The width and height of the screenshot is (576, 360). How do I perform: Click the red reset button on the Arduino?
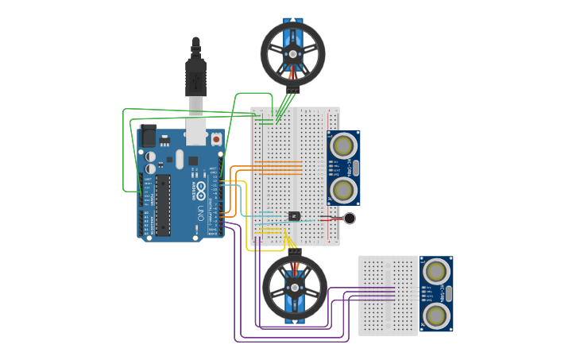[215, 138]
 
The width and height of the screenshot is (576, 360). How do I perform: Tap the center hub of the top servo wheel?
[292, 53]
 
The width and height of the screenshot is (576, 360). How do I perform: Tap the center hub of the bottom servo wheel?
[295, 288]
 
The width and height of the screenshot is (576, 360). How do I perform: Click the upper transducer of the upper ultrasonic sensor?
[344, 146]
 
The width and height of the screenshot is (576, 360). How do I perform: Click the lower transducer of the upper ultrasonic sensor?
[344, 189]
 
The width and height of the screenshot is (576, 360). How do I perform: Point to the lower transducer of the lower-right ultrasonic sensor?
[436, 315]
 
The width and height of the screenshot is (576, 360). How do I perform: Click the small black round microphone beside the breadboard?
[350, 219]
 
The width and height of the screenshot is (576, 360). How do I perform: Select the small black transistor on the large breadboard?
[294, 216]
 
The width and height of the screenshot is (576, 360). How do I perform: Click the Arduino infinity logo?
[200, 190]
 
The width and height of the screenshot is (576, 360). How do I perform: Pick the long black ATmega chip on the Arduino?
[163, 205]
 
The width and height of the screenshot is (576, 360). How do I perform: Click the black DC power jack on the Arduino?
[148, 136]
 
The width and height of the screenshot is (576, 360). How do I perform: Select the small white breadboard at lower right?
[388, 295]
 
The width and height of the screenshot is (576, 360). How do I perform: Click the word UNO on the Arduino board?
[200, 212]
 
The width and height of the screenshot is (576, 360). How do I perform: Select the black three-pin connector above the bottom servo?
[295, 250]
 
